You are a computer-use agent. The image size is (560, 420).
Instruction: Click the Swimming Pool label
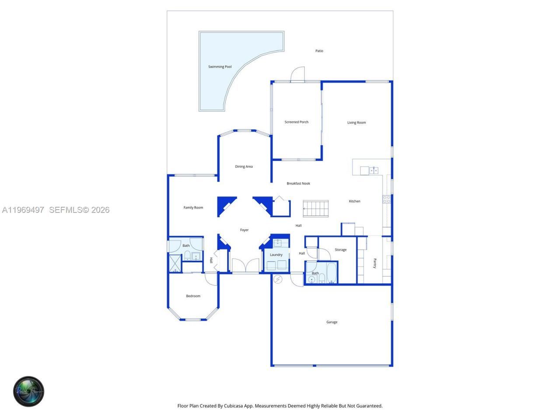tap(220, 67)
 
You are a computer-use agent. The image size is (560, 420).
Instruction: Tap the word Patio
tap(319, 51)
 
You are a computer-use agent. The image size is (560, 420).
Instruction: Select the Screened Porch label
tap(296, 122)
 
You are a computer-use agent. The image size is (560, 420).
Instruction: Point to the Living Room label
tap(357, 122)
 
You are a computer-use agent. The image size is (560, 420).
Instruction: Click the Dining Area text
tap(244, 167)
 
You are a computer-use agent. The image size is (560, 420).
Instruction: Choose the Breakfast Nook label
tap(298, 184)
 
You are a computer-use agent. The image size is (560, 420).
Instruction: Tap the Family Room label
tap(193, 208)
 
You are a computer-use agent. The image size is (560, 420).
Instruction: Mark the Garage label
tap(332, 322)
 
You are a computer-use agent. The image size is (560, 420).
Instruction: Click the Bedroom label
tap(193, 296)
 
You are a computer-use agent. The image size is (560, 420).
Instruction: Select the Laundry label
tap(276, 255)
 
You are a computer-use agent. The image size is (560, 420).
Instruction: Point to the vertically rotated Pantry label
tap(374, 263)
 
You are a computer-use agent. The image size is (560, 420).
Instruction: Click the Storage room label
tap(340, 250)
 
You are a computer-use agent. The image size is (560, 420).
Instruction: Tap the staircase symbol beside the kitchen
tap(316, 209)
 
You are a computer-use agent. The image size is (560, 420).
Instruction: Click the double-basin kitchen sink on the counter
tap(374, 171)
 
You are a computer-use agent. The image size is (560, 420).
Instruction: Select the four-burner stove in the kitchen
tap(387, 199)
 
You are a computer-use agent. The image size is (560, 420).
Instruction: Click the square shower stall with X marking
tap(175, 264)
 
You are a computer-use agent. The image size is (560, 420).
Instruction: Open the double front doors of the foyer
tap(245, 266)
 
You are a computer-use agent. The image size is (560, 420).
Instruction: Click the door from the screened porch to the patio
tap(297, 75)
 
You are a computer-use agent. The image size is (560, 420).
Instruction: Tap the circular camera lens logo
tap(29, 391)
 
